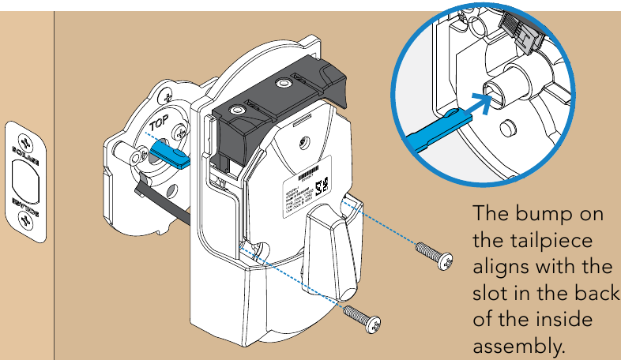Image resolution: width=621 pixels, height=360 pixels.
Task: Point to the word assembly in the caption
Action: (x=518, y=346)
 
